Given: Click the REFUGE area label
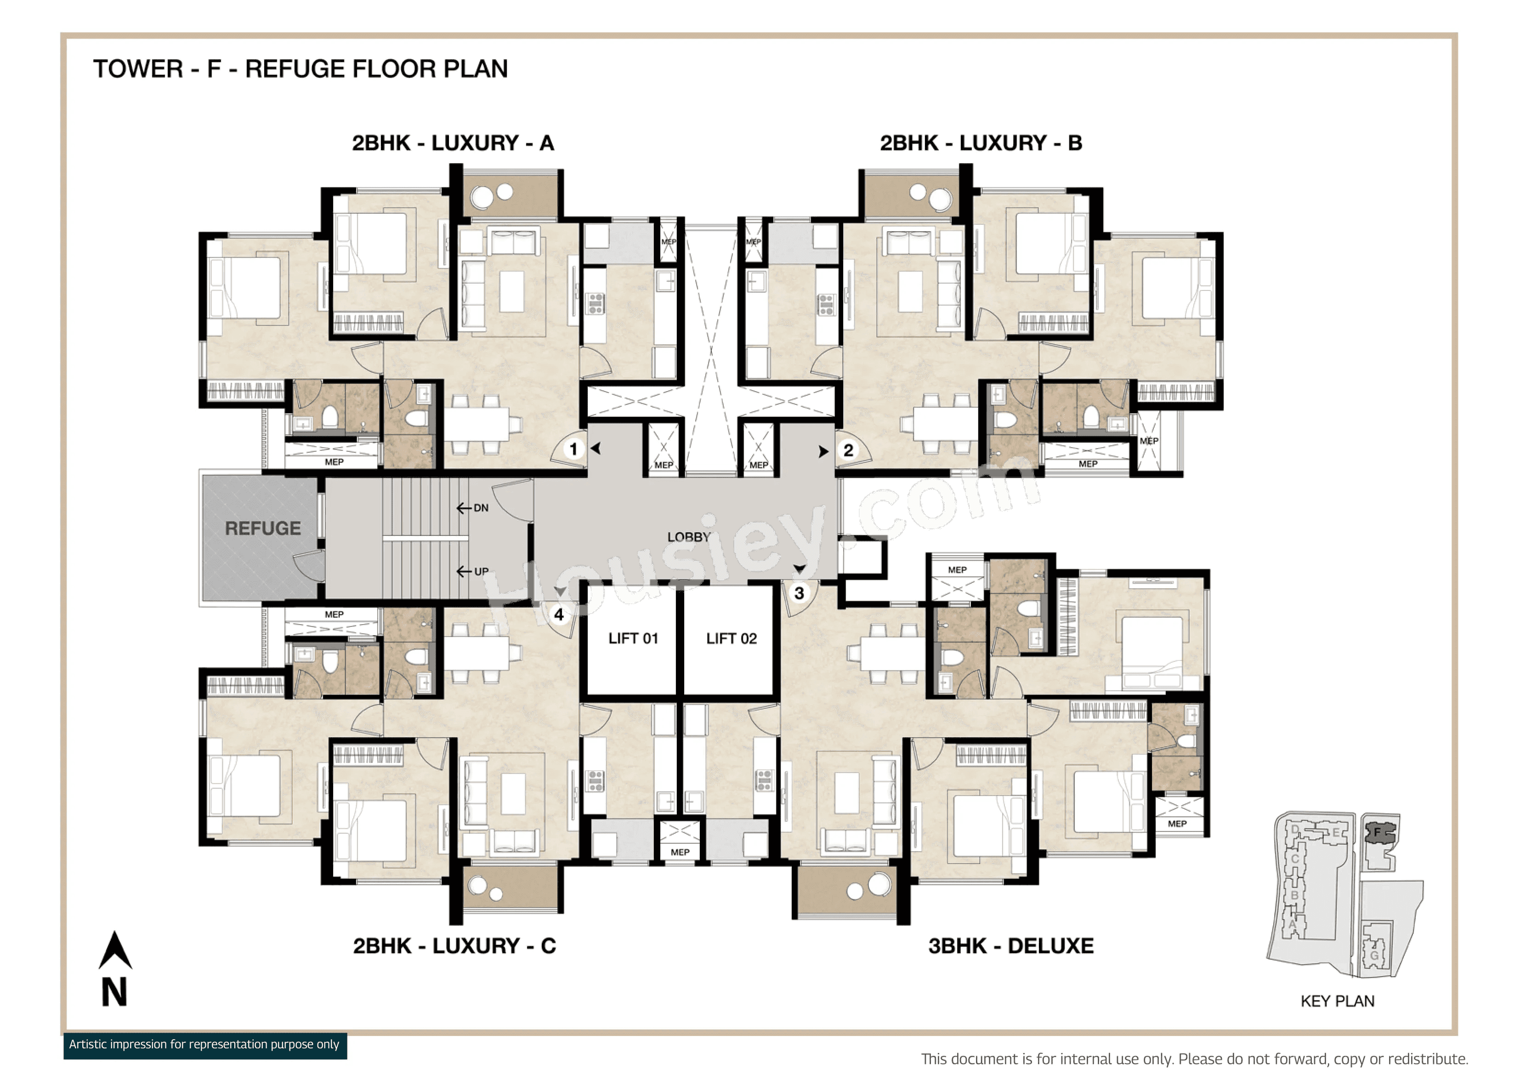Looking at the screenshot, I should [263, 528].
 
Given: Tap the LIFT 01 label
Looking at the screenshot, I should [633, 638].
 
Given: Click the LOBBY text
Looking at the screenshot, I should [688, 537].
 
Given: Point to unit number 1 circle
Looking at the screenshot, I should [573, 449].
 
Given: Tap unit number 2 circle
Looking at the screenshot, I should [848, 450].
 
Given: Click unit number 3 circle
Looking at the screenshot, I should [799, 593].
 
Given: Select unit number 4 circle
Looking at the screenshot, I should [559, 614].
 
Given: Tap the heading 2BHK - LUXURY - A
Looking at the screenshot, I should [453, 143].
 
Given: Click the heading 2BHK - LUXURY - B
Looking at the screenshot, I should [981, 143].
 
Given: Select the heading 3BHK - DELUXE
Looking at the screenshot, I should [1010, 946].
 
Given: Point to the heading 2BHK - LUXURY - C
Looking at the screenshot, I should [454, 946].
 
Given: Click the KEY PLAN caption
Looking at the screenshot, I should [1337, 1001].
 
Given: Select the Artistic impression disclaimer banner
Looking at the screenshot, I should [204, 1045].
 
